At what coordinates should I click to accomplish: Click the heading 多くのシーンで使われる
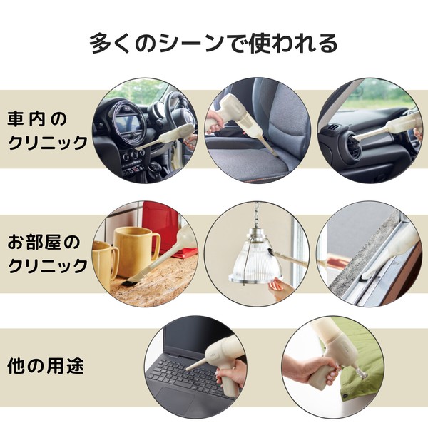point(214,43)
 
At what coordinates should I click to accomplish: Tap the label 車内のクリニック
point(47,131)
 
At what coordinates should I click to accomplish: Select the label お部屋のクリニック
point(47,254)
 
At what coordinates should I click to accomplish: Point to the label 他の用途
point(46,366)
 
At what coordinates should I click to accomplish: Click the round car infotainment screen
point(128,121)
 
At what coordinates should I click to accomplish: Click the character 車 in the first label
point(16,118)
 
